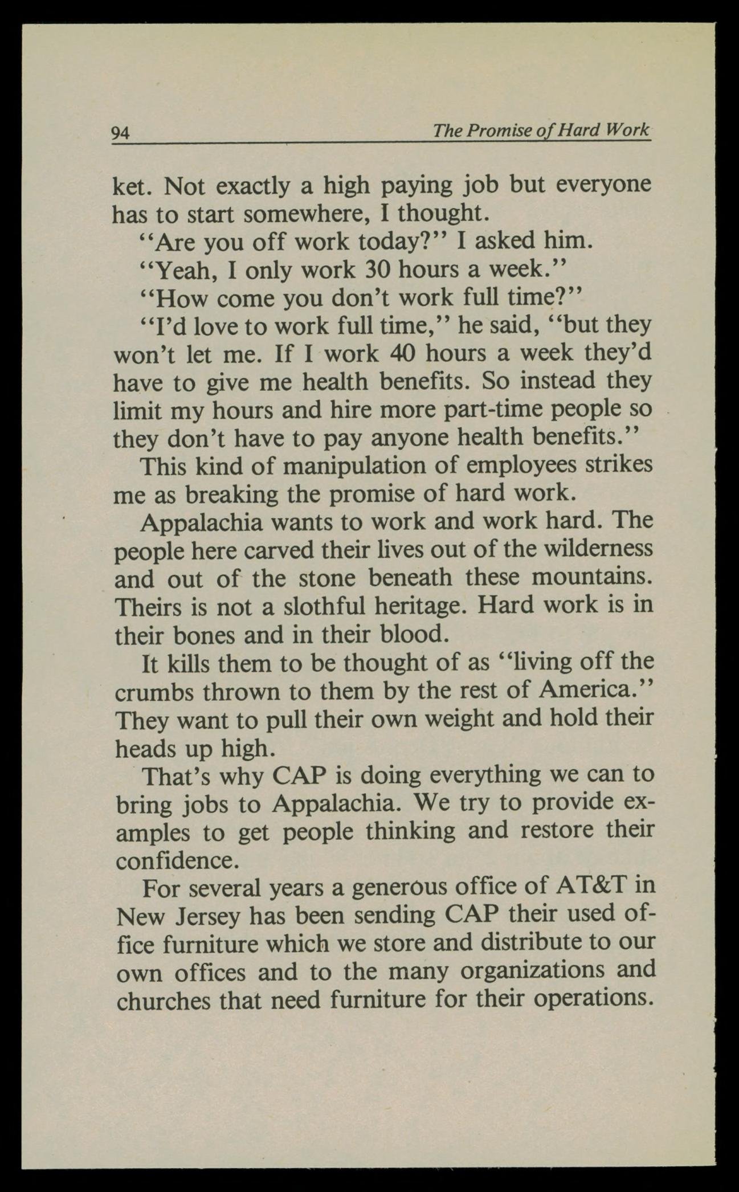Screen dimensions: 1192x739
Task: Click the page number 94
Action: coord(121,133)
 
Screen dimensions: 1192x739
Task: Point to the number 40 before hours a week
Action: coord(402,353)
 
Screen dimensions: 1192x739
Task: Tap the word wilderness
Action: coord(599,549)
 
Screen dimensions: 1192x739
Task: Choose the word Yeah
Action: coord(182,270)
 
